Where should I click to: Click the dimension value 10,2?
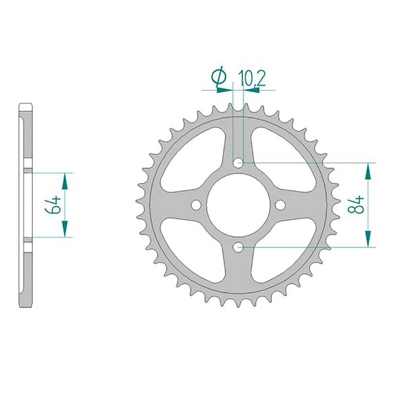pyautogui.click(x=251, y=78)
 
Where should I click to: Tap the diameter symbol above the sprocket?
pyautogui.click(x=219, y=77)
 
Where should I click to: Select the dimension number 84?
pyautogui.click(x=356, y=204)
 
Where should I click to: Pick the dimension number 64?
pyautogui.click(x=53, y=205)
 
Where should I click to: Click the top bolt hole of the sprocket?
pyautogui.click(x=238, y=163)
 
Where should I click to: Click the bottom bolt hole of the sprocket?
pyautogui.click(x=238, y=247)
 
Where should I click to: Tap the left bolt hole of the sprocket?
pyautogui.click(x=196, y=205)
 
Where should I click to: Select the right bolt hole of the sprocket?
pyautogui.click(x=280, y=205)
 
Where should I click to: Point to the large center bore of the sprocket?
pyautogui.click(x=238, y=205)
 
